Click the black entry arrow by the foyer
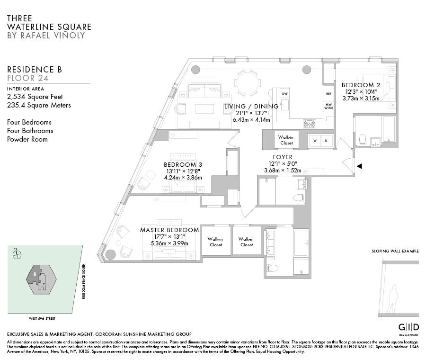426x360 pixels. (x=359, y=166)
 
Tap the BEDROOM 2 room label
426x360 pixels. (x=361, y=85)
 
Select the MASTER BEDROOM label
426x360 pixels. (x=169, y=230)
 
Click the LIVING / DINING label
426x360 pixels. (x=251, y=107)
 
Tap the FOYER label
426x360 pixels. (x=283, y=157)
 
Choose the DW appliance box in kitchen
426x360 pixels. (x=285, y=94)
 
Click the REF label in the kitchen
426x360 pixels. (x=328, y=94)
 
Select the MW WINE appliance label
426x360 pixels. (x=328, y=106)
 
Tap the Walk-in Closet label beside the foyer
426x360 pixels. (x=286, y=140)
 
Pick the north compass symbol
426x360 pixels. (x=18, y=254)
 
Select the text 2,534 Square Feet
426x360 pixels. (x=35, y=97)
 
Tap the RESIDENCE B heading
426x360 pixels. (x=35, y=70)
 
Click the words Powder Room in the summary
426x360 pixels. (x=27, y=139)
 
